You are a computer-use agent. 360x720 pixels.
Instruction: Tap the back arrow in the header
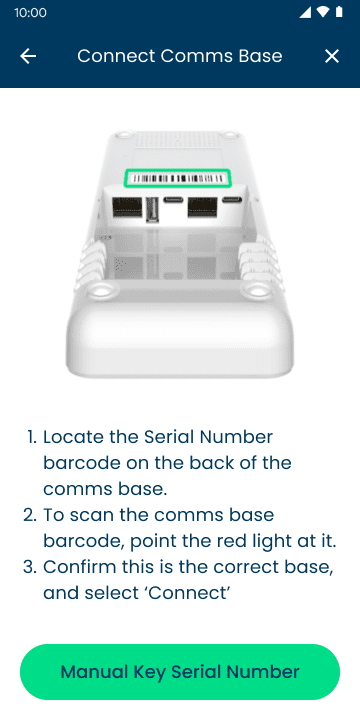28,56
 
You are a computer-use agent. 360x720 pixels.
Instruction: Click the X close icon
332,56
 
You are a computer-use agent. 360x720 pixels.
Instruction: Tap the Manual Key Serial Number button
180,672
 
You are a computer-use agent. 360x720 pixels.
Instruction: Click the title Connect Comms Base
180,56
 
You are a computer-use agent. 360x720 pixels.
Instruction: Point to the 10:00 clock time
30,12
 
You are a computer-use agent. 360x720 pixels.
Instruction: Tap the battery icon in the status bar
339,12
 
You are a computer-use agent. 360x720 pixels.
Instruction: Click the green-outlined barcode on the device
178,178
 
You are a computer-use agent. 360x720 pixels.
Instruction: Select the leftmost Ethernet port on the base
127,208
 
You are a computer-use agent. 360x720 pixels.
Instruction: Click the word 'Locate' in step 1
73,437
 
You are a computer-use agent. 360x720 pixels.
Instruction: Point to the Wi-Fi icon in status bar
323,12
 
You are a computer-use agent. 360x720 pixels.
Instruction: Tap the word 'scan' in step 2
91,515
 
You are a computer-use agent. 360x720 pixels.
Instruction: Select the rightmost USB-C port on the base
231,200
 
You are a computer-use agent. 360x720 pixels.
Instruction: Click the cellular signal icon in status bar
305,12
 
